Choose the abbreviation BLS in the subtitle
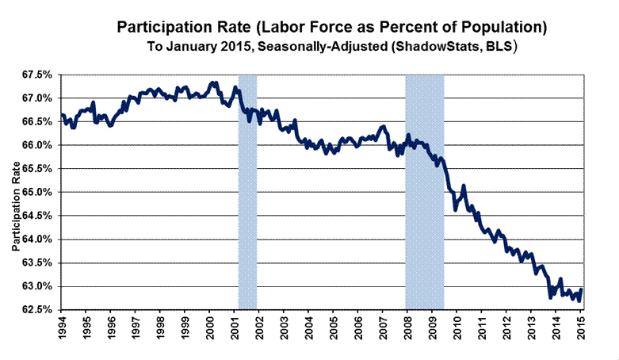[499, 46]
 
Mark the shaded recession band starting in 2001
[247, 190]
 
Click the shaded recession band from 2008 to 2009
[424, 190]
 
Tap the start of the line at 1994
[62, 116]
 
